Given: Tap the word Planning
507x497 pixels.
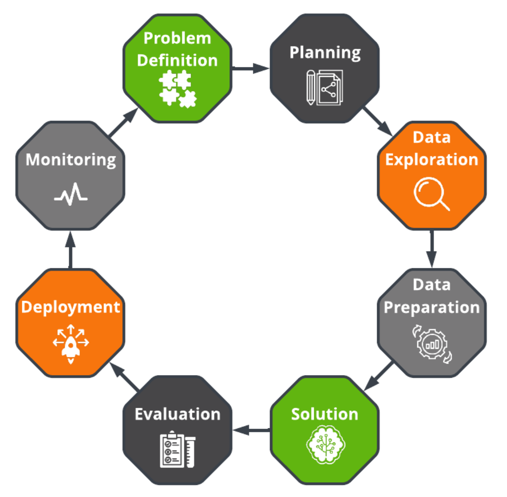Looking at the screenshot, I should (325, 53).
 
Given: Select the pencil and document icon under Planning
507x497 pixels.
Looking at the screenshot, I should (324, 88).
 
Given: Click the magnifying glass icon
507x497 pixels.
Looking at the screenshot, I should (431, 194).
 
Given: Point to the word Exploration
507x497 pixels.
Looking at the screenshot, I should (432, 160).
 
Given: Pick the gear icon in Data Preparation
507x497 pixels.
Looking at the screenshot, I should (432, 344).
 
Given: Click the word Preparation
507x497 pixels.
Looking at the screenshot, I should (432, 308).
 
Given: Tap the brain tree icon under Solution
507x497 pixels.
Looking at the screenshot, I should (325, 445).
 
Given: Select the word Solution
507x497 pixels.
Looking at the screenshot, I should (324, 414).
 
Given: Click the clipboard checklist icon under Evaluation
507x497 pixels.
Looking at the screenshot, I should (178, 450).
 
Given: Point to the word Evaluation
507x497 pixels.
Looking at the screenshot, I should (178, 414).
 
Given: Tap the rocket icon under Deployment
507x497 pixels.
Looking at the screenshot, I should (71, 344).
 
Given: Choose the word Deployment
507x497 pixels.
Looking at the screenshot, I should (71, 307).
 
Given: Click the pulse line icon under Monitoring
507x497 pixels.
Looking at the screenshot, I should (71, 195).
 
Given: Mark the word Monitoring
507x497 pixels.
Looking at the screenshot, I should (71, 160).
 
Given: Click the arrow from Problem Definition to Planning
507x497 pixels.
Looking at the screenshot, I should (251, 68).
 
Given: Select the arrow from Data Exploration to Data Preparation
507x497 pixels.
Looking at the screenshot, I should (431, 249).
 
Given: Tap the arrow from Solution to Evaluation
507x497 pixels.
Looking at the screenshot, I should (251, 430).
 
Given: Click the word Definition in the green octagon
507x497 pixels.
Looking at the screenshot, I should (177, 60).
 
